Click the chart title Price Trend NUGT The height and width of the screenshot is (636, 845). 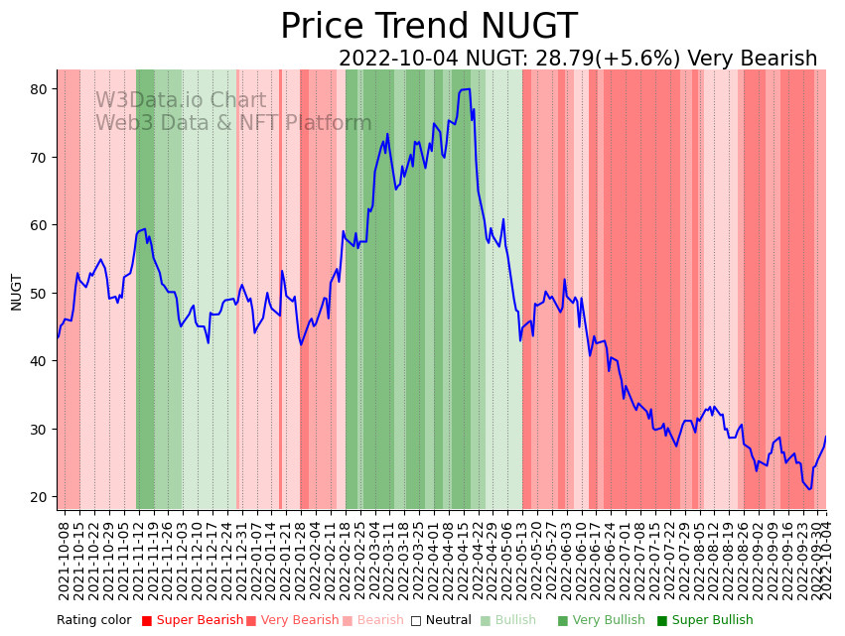[x=428, y=26]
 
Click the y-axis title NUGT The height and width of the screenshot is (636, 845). [x=16, y=292]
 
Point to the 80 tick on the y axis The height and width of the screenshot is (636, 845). [x=39, y=89]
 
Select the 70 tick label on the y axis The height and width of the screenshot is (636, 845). [x=39, y=157]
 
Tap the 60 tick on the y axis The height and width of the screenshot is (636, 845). [x=39, y=225]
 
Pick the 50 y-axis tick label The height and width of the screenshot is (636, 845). [x=39, y=293]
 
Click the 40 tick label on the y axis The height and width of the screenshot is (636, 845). [x=39, y=361]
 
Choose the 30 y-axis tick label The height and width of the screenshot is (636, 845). [x=39, y=429]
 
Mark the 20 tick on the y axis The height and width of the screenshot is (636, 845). [x=39, y=497]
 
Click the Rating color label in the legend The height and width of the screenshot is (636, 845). [x=93, y=621]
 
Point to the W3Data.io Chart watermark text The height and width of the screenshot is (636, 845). [x=181, y=101]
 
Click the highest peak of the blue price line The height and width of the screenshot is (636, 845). [x=466, y=89]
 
